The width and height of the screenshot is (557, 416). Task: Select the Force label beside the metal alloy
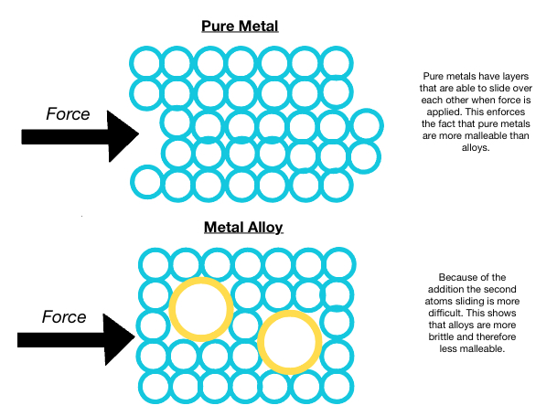(64, 317)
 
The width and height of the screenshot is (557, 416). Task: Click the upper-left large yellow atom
(202, 308)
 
